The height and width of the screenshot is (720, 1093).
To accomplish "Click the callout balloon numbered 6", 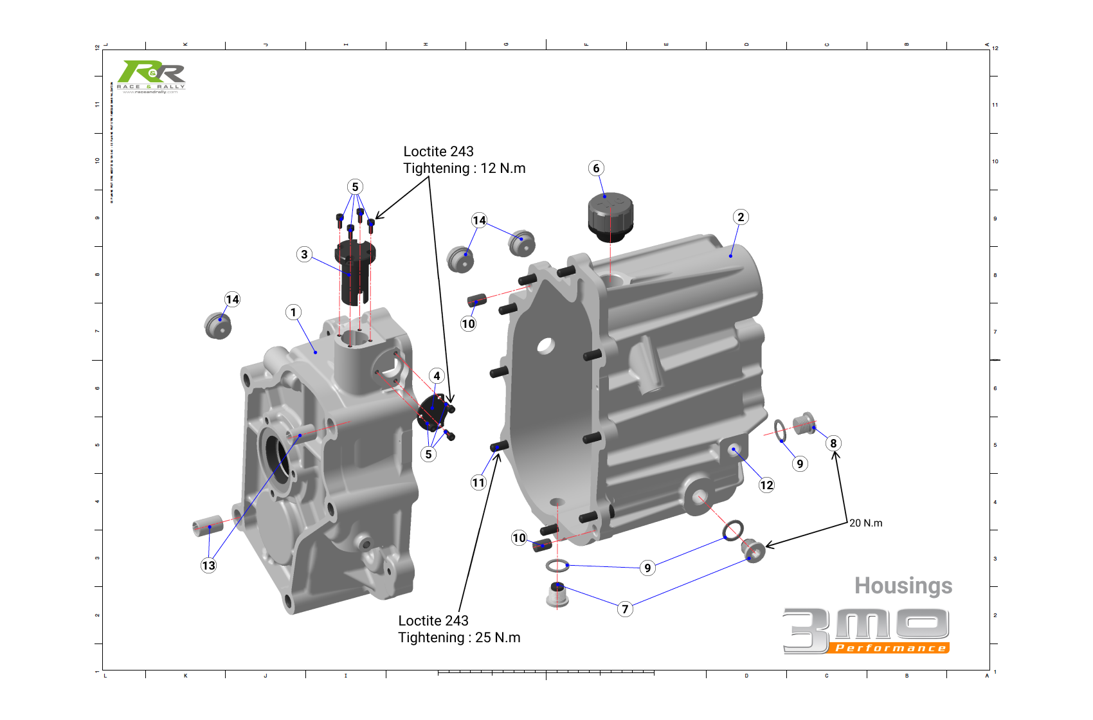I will click(596, 168).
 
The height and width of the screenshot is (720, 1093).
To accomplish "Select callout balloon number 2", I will click(741, 217).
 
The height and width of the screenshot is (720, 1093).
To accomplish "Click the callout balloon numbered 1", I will click(293, 312).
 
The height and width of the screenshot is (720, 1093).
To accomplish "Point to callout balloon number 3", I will click(305, 255).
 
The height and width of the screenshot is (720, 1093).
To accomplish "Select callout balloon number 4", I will click(437, 376).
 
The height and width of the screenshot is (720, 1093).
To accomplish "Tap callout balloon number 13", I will click(208, 566).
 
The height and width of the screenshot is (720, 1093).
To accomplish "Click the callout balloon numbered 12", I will click(766, 485).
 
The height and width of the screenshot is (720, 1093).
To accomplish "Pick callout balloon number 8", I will click(833, 444).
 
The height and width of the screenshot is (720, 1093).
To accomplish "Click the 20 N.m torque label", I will click(865, 523).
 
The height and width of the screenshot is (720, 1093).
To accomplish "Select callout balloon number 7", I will click(625, 609).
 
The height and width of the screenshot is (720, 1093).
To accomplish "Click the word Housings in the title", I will click(903, 586).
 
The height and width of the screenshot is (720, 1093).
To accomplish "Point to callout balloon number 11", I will click(478, 483).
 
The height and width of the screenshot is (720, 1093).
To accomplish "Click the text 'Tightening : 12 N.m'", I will click(464, 168).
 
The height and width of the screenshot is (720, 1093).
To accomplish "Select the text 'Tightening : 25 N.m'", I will click(459, 638).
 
